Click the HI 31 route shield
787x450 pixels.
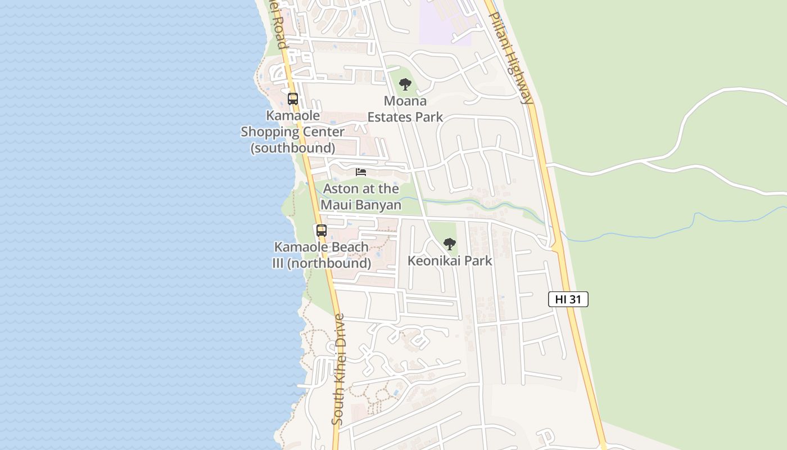[x=568, y=299]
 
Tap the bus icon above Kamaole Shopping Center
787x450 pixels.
[x=293, y=99]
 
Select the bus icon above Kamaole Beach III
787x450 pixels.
[x=322, y=231]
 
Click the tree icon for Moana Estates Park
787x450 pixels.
[x=405, y=85]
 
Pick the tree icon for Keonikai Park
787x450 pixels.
[x=449, y=244]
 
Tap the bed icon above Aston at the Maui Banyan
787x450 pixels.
[x=361, y=172]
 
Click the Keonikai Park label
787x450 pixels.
[x=449, y=260]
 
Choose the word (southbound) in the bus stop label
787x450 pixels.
[x=293, y=148]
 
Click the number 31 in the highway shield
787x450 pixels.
[x=575, y=299]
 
